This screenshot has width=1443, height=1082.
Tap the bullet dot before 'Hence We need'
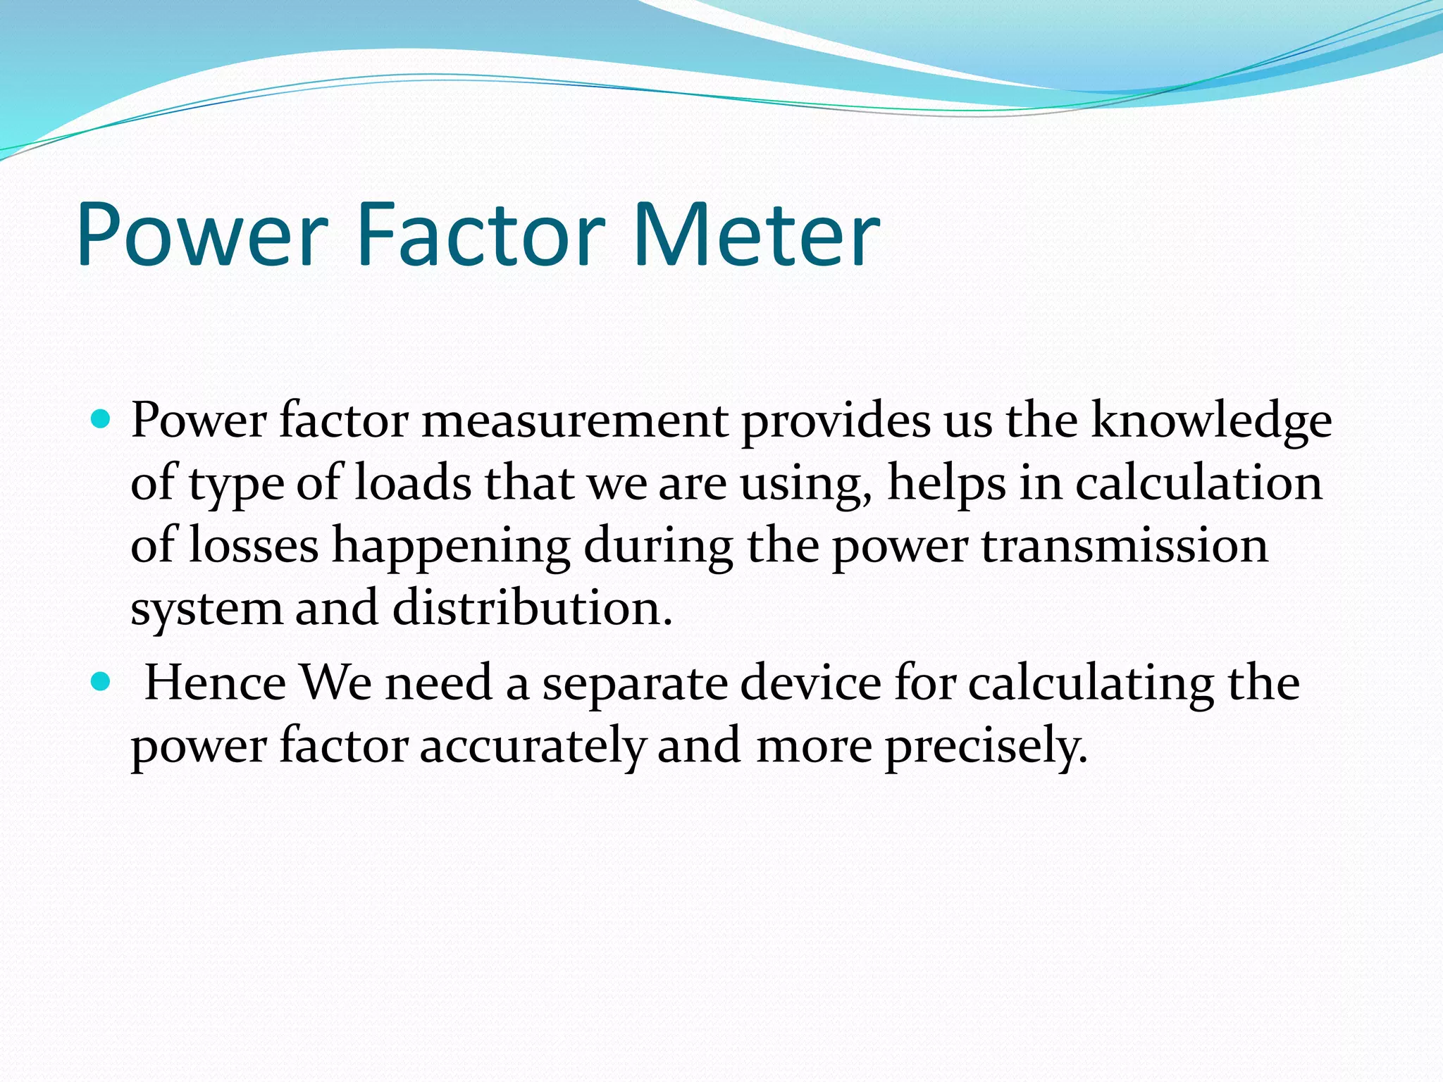point(102,682)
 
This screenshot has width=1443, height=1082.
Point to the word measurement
point(575,421)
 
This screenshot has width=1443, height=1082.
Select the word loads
point(413,483)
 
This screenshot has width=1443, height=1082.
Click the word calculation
point(1199,483)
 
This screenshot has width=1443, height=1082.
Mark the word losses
point(254,546)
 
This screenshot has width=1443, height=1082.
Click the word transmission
point(1125,546)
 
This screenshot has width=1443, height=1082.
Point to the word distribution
point(532,608)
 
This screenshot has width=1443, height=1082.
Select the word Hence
point(216,683)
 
